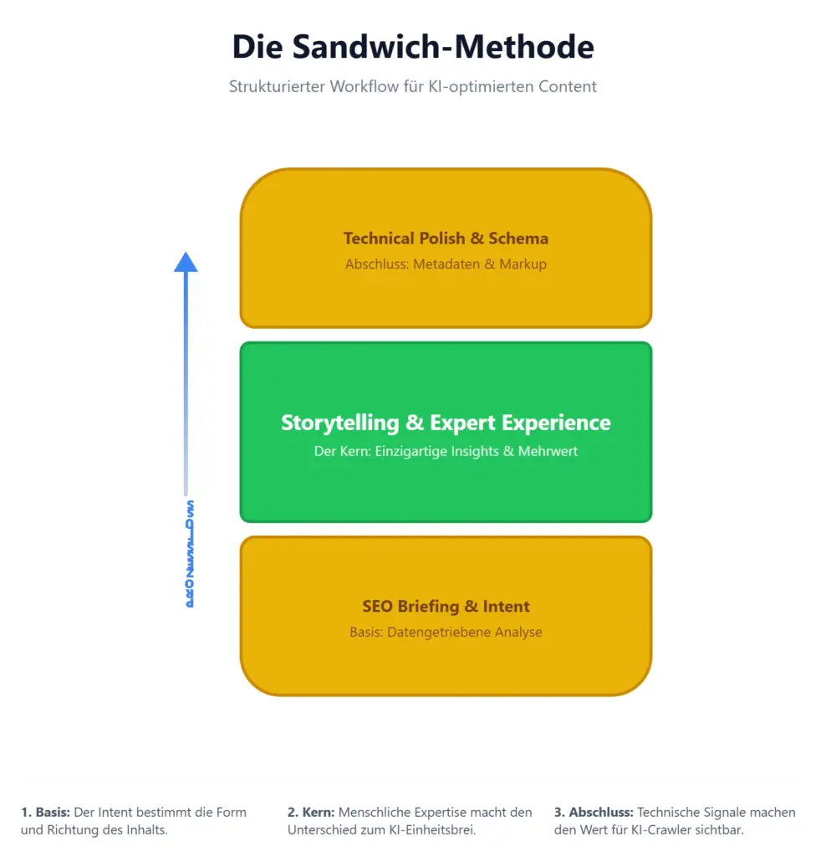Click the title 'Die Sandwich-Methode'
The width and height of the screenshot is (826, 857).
coord(413,47)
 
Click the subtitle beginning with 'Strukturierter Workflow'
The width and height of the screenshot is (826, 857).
coord(413,86)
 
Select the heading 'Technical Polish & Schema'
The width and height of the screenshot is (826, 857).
coord(446,239)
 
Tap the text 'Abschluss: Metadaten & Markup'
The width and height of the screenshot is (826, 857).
coord(446,264)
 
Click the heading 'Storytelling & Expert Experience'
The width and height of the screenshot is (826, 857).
coord(446,423)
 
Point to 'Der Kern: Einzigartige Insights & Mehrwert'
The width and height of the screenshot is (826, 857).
coord(446,451)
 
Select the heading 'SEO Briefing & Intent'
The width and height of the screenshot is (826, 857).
coord(446,607)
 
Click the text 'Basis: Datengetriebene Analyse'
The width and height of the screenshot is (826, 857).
coord(446,632)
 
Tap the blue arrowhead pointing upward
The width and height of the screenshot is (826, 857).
coord(186,262)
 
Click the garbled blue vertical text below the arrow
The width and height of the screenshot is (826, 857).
coord(189,554)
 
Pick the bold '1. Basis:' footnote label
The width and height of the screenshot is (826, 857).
coord(45,813)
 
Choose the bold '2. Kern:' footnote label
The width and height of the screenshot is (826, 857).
coord(311,813)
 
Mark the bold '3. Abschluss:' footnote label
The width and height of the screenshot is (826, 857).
coord(594,813)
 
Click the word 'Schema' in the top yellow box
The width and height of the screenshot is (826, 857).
coord(519,239)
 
